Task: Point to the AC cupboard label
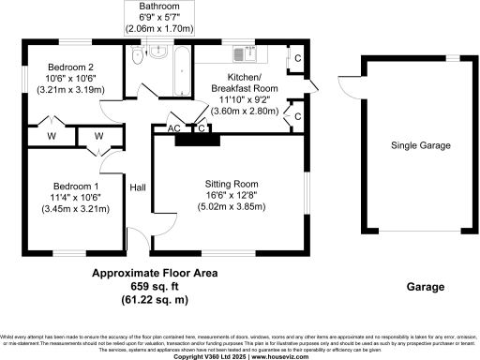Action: (x=174, y=128)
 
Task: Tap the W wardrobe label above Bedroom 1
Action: (x=97, y=137)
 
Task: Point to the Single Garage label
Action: (x=421, y=146)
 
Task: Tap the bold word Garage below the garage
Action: (x=425, y=288)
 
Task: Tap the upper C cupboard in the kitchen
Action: (x=296, y=56)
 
